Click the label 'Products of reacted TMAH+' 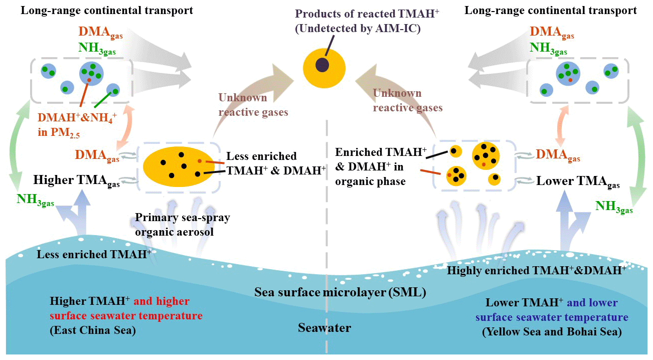tap(367, 14)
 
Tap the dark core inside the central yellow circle tap(322, 65)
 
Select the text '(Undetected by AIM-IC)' tap(358, 29)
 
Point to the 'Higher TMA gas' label tap(76, 181)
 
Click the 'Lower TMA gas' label tap(578, 182)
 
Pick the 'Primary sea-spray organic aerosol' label tap(183, 225)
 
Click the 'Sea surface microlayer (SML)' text tap(340, 292)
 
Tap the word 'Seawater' tap(324, 328)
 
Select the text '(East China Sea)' tap(93, 330)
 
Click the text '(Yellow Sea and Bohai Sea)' tap(552, 332)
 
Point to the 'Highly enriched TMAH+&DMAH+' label tap(537, 270)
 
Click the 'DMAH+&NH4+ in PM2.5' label tap(77, 125)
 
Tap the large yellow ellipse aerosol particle tap(179, 167)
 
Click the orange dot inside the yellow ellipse tap(200, 161)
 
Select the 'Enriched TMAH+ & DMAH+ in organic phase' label tap(381, 167)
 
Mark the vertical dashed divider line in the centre tap(326, 236)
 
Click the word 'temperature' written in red tap(171, 316)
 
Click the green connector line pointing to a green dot tap(103, 99)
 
